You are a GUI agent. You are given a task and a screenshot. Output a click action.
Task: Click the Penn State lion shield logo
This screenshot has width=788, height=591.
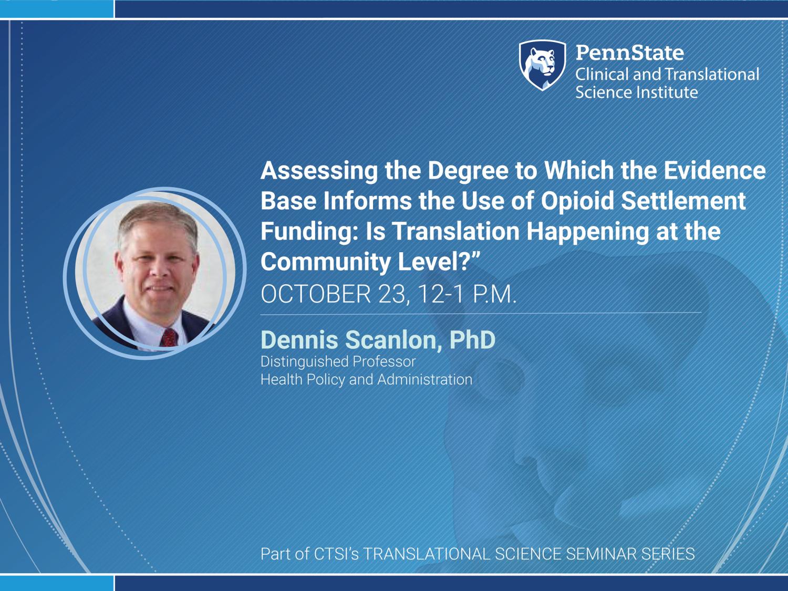(x=543, y=65)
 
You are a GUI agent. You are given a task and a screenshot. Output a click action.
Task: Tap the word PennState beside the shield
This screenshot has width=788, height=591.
(x=630, y=53)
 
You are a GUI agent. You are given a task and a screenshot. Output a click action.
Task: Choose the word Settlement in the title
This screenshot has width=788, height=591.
(x=683, y=201)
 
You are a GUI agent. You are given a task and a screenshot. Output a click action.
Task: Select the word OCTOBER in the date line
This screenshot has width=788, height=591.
(x=316, y=294)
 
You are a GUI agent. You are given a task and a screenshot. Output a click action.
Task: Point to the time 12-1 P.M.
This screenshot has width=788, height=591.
(x=466, y=294)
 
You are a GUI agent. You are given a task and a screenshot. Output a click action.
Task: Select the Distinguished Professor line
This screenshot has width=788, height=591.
(x=338, y=362)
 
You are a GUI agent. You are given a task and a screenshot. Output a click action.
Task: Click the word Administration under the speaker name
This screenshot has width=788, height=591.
(x=424, y=379)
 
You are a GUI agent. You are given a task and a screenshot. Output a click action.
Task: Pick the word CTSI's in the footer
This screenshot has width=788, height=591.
(x=336, y=554)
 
